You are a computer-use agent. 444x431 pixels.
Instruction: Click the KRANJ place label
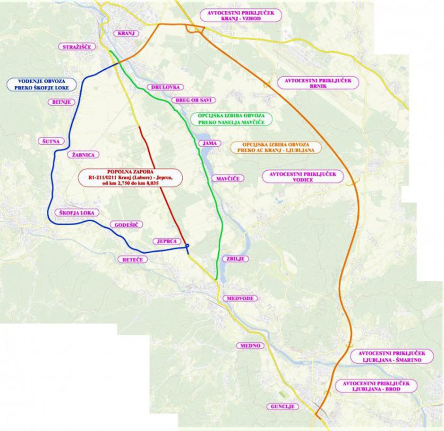[127, 33]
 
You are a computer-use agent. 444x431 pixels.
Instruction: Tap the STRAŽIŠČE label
[77, 47]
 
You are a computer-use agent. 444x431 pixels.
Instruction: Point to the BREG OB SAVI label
[195, 100]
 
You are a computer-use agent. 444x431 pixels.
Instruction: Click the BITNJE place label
[61, 102]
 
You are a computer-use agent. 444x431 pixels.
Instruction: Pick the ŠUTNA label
[50, 141]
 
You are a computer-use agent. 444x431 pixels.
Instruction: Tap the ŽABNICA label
[84, 154]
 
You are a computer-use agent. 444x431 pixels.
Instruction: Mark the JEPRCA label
[167, 241]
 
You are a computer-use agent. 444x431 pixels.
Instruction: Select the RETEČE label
[132, 260]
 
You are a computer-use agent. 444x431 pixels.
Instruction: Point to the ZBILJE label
[235, 259]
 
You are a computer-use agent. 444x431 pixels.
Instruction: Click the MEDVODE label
[240, 298]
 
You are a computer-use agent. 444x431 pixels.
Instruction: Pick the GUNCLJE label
[282, 406]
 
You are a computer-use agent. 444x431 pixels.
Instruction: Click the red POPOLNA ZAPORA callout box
[130, 178]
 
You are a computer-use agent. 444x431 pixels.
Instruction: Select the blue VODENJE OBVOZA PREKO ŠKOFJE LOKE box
[42, 84]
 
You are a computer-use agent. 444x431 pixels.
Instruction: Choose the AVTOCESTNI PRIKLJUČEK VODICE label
[302, 177]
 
